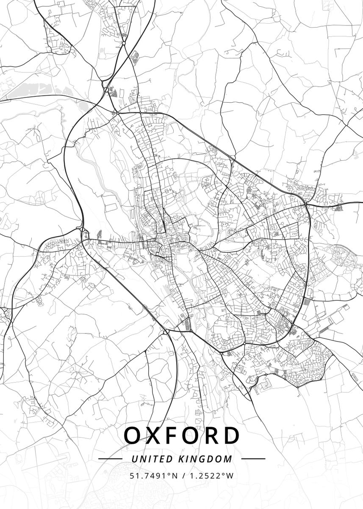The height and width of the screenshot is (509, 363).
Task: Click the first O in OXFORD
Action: point(133,435)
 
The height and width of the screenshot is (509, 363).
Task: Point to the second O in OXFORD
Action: point(191,435)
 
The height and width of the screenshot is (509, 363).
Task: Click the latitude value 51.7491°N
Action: point(154,475)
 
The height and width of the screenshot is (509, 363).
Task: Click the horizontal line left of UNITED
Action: point(110,459)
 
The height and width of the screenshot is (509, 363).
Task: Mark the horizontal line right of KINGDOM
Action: point(253,459)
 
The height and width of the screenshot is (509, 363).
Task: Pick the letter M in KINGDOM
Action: point(229,459)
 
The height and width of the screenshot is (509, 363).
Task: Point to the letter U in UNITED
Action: point(134,459)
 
